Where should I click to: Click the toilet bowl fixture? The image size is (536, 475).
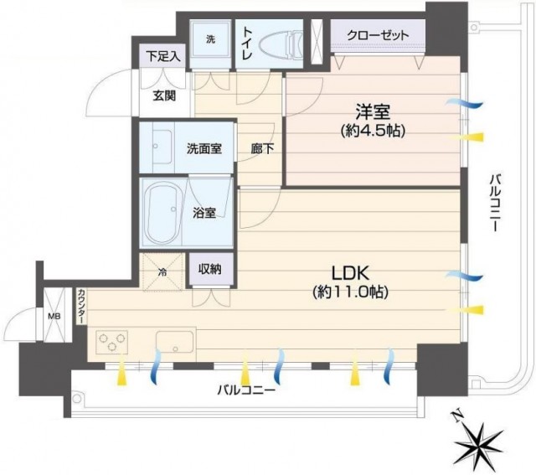(x=281, y=44)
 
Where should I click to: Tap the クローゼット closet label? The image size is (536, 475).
(x=378, y=35)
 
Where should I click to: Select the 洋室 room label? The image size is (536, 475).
(x=373, y=111)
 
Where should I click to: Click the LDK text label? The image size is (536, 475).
(x=350, y=273)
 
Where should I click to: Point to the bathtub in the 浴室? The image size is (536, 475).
(x=162, y=212)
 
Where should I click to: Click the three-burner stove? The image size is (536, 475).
(x=111, y=342)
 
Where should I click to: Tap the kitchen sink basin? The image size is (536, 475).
(x=175, y=342)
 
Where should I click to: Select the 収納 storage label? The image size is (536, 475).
(x=210, y=270)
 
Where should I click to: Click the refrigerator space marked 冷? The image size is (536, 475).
(x=162, y=272)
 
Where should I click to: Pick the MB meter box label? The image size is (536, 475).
(x=54, y=317)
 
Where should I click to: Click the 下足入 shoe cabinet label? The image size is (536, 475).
(x=163, y=56)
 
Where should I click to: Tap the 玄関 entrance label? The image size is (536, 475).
(x=164, y=96)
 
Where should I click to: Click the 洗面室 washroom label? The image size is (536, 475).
(x=204, y=149)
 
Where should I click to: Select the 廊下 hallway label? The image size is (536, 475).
(x=262, y=149)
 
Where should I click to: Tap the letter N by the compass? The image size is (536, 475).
(x=457, y=416)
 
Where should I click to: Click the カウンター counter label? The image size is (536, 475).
(x=81, y=307)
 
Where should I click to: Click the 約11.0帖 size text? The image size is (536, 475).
(x=350, y=292)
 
